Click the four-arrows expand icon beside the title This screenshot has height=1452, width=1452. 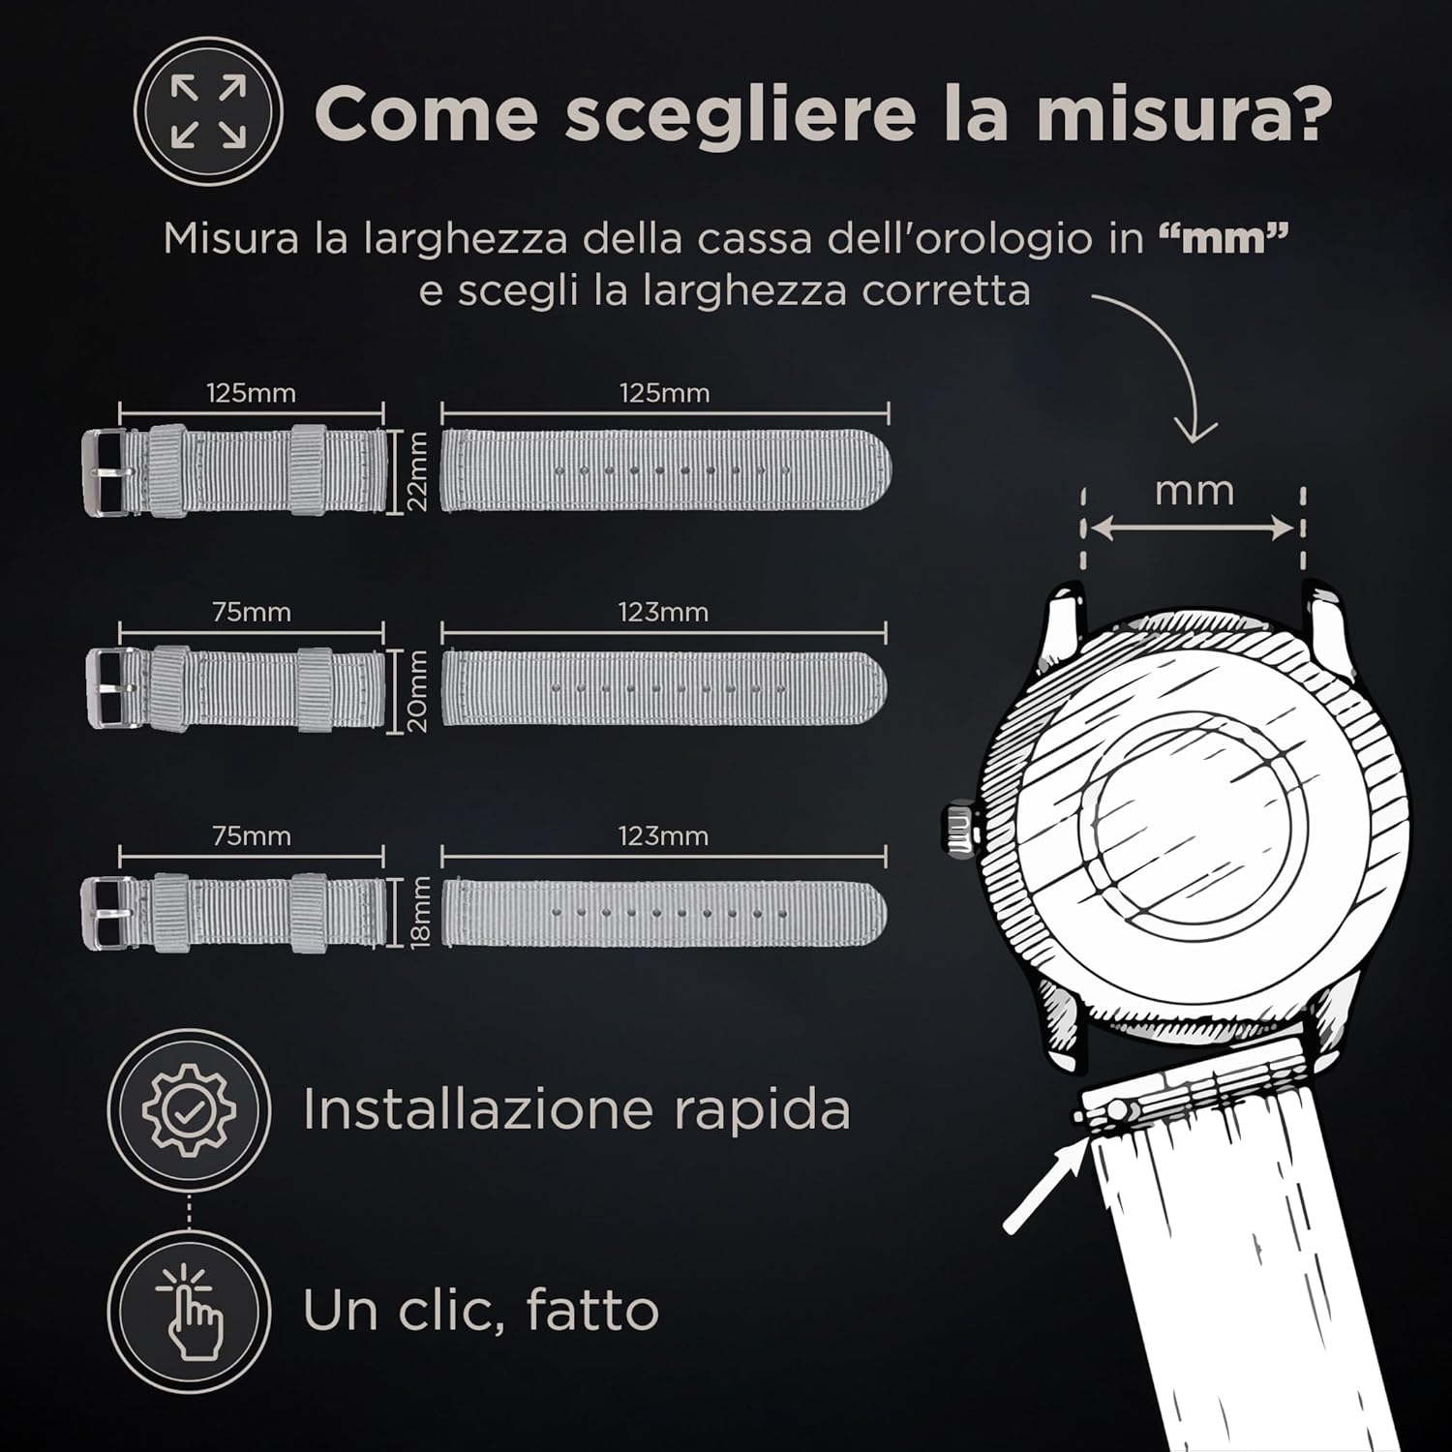click(x=208, y=112)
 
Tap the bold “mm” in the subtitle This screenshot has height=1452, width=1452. click(x=1224, y=238)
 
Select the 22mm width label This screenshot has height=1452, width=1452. click(x=416, y=470)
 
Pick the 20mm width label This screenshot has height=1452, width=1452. click(x=416, y=690)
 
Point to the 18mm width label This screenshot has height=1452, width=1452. click(x=419, y=912)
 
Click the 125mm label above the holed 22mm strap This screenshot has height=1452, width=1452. click(x=664, y=393)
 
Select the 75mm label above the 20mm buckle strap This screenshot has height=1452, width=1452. click(x=252, y=613)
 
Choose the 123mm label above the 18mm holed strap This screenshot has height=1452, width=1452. click(x=664, y=835)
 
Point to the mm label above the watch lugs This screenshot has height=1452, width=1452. click(x=1195, y=491)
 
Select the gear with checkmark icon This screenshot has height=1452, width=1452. click(x=189, y=1109)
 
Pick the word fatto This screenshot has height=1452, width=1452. click(x=592, y=1310)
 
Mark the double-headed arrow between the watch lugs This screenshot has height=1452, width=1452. click(x=1193, y=529)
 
